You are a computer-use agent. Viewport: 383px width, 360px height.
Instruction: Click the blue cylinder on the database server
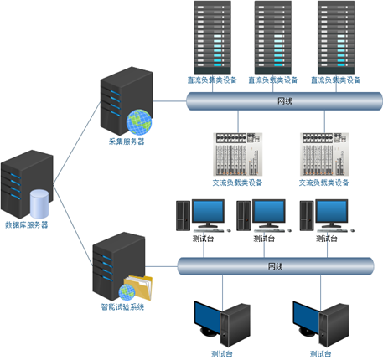39,203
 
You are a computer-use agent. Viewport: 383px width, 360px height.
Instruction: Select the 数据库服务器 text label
27,225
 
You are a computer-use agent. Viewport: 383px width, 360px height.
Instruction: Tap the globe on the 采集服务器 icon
139,122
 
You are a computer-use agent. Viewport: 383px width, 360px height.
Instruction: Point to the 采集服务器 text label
127,141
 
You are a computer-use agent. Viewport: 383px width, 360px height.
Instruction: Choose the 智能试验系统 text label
122,307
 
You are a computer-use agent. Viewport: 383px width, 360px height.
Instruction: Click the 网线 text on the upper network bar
285,101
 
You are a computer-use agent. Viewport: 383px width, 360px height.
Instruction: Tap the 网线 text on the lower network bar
276,266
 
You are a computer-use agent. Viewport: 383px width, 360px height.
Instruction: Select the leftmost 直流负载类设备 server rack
213,38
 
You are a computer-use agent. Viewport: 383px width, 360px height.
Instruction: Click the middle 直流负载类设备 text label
273,80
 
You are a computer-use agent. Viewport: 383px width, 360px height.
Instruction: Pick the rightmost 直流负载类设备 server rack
336,38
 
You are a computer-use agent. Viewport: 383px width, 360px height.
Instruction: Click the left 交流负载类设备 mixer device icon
238,154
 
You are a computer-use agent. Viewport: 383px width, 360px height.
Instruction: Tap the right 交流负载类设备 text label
323,183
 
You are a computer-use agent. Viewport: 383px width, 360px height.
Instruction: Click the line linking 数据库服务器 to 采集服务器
77,143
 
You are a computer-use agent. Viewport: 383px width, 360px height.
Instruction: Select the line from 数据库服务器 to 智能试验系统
73,225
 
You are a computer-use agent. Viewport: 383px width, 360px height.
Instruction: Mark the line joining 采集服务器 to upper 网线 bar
169,101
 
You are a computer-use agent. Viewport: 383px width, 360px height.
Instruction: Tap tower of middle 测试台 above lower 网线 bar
243,216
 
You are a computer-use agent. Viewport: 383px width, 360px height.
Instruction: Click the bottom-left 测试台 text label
222,354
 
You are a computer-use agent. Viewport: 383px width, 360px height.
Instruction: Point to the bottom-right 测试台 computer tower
334,325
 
